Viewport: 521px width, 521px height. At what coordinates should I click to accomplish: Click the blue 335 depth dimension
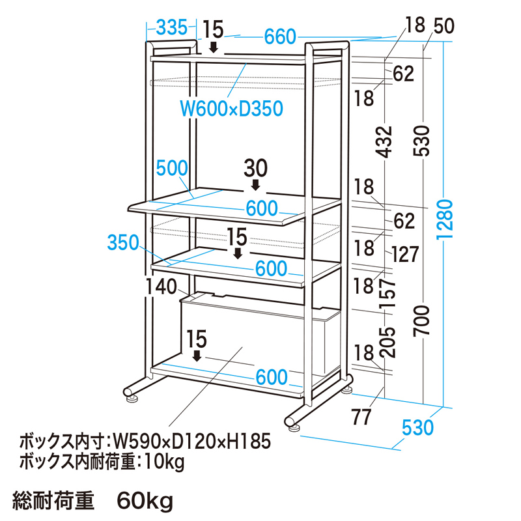click(x=167, y=27)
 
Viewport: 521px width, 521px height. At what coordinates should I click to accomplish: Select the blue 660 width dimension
click(x=280, y=38)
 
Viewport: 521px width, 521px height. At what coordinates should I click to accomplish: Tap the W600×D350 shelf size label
click(x=231, y=107)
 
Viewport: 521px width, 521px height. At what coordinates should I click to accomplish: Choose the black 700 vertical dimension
click(x=423, y=320)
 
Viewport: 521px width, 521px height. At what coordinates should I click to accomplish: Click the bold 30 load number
click(x=256, y=168)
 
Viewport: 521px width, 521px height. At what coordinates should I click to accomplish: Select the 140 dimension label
click(x=162, y=286)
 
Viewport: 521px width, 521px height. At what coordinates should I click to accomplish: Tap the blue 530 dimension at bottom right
click(x=417, y=428)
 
